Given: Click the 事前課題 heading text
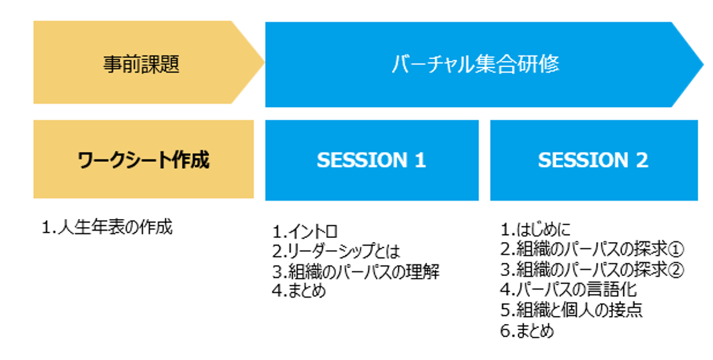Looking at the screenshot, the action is pyautogui.click(x=141, y=64).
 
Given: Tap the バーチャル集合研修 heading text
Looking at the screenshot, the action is pyautogui.click(x=475, y=64).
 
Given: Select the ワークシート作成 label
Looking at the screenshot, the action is pyautogui.click(x=143, y=160).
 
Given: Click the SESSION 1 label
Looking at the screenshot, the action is pyautogui.click(x=371, y=160).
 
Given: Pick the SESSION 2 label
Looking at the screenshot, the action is pyautogui.click(x=593, y=160).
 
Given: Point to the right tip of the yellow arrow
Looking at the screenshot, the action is pyautogui.click(x=264, y=62).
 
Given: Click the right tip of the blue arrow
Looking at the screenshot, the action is pyautogui.click(x=703, y=64).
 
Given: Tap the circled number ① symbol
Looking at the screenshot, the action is pyautogui.click(x=676, y=249).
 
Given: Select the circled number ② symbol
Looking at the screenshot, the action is pyautogui.click(x=676, y=270).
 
